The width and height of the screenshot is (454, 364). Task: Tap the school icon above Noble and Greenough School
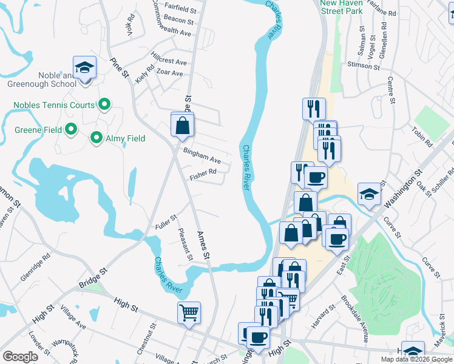[85, 67]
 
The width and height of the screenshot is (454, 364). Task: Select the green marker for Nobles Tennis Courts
[104, 105]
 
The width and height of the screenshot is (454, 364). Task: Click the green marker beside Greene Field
[71, 129]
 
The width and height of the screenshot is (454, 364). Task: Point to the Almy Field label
[127, 138]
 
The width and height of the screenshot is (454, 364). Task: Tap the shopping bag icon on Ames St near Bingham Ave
[182, 126]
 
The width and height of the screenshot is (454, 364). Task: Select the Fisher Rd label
[203, 173]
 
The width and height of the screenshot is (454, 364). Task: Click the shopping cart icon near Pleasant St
[189, 313]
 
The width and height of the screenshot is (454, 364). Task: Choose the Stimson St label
[363, 64]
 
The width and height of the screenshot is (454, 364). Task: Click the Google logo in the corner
[20, 357]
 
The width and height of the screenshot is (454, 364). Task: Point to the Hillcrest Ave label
[169, 61]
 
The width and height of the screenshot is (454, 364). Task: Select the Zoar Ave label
[169, 73]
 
